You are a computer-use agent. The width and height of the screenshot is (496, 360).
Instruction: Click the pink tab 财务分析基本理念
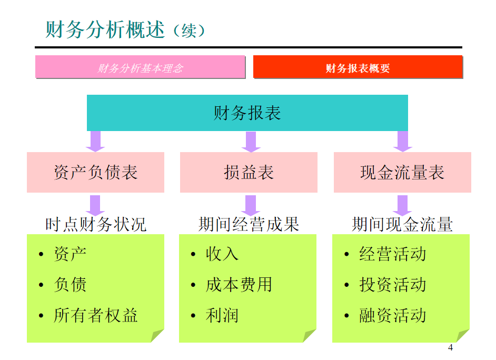pos(140,67)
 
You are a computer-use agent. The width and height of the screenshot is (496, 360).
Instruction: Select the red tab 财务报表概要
pos(358,67)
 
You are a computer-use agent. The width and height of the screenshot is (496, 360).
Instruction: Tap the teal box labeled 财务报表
pos(247,113)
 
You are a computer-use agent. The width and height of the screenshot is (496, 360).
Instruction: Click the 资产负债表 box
pos(95,173)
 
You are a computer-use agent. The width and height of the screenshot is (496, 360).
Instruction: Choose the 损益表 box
pos(249,173)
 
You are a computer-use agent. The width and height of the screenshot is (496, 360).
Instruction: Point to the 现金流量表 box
pos(402,173)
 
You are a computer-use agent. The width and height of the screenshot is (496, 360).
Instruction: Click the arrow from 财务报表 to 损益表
pos(250,141)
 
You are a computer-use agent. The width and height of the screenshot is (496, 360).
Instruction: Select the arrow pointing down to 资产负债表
pos(95,141)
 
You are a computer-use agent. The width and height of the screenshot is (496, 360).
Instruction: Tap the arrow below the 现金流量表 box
pos(402,204)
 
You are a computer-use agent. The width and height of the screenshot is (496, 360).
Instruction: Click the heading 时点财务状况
pos(95,225)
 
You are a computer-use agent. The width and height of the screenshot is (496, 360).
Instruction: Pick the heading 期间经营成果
pos(249,225)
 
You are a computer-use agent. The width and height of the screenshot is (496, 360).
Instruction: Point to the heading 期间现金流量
pos(402,225)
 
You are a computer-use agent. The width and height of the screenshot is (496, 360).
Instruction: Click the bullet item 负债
pos(70,285)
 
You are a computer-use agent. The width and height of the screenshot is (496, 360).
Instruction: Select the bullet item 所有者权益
pos(95,315)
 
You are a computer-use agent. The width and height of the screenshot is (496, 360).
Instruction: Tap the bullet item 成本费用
pos(239,285)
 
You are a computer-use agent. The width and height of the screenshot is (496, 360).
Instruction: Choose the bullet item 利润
pos(222,315)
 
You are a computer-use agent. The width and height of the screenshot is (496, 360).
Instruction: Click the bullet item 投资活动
pos(392,285)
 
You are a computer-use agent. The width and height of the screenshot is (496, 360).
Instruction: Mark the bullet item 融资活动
pos(392,315)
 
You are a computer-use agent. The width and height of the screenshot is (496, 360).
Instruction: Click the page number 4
pos(450,347)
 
